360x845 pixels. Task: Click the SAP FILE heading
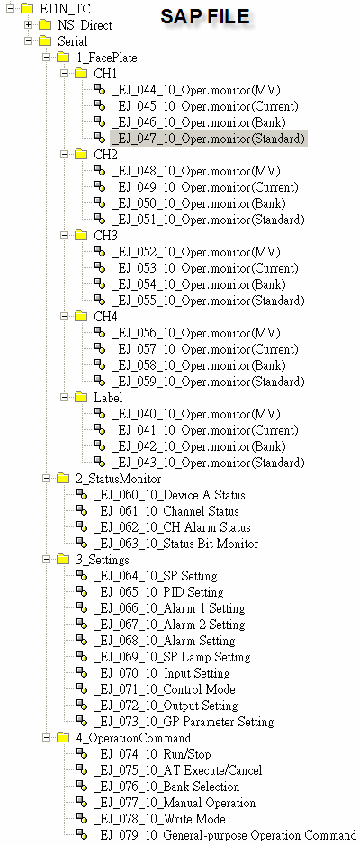click(205, 17)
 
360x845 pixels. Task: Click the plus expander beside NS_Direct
click(28, 25)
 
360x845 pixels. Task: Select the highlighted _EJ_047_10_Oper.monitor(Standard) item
click(209, 139)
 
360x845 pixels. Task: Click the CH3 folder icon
click(81, 236)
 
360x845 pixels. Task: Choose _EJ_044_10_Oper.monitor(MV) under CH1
click(197, 90)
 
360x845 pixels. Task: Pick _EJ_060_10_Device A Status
click(169, 495)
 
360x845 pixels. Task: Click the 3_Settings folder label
click(103, 560)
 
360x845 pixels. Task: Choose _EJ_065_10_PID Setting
click(158, 592)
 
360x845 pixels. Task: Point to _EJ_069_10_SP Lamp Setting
click(172, 657)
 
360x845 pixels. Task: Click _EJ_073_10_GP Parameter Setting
click(184, 722)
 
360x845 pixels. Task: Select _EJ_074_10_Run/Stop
click(152, 754)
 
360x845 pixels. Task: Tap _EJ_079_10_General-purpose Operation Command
click(225, 835)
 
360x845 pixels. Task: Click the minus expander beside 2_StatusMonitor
click(46, 479)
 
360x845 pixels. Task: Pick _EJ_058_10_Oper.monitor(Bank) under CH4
click(199, 365)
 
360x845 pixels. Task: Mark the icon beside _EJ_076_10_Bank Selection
click(81, 786)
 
